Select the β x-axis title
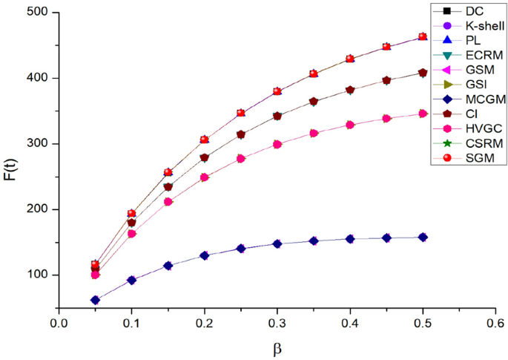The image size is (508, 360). tap(277, 347)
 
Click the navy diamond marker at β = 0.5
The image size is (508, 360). tap(423, 237)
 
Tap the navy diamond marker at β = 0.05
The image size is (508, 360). tap(95, 300)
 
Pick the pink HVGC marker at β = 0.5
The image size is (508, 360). tap(423, 114)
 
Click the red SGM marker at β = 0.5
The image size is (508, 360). tap(423, 36)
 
